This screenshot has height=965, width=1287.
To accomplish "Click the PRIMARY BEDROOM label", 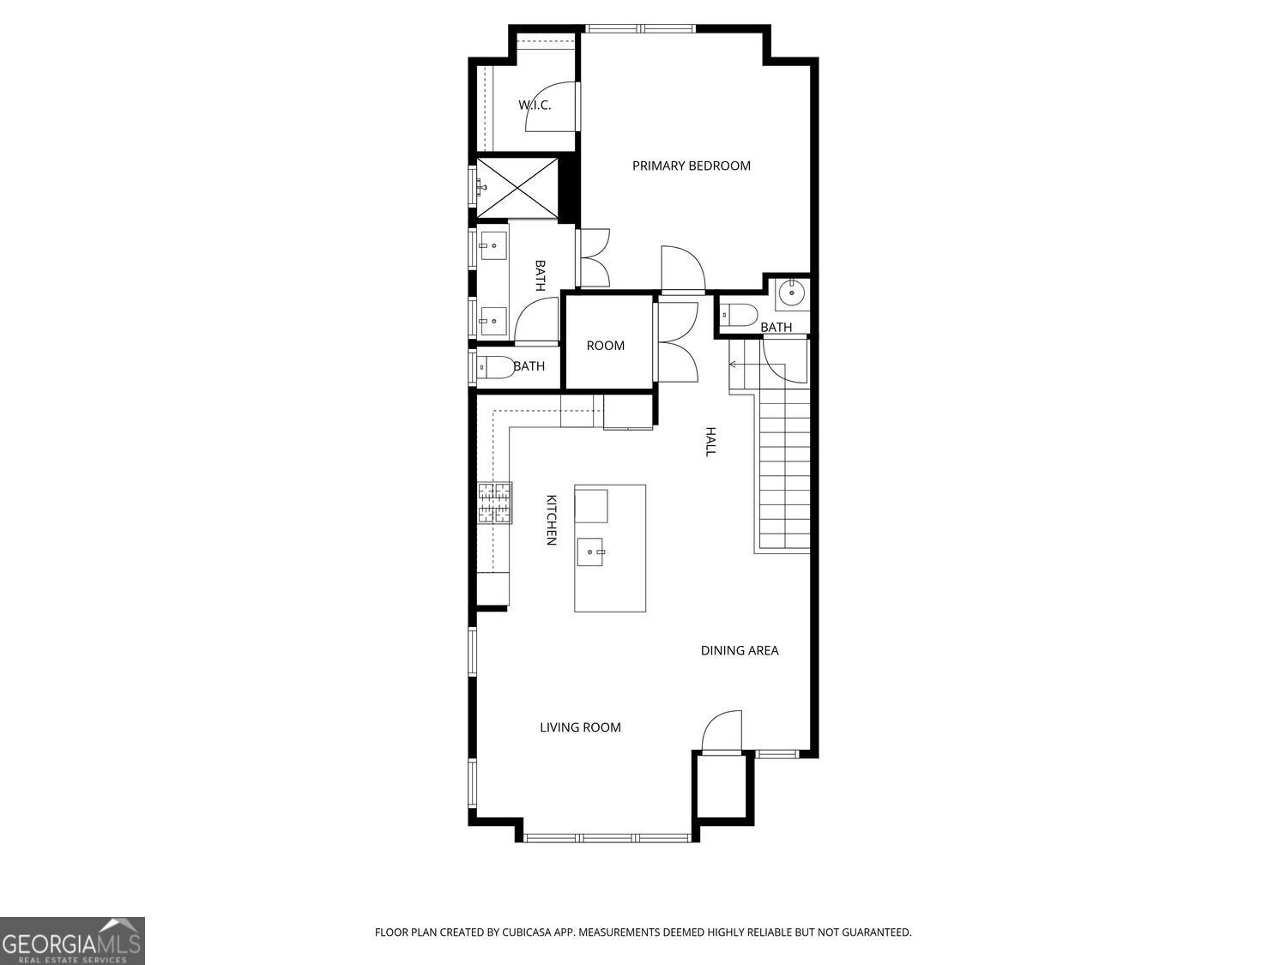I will pos(691,166).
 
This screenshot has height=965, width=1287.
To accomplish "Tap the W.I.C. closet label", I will pos(534,105).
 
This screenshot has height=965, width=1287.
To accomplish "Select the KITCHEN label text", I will pos(552,519).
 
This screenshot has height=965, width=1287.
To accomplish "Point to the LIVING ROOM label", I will pos(580,727).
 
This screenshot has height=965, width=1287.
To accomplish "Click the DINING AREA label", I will pos(740,650).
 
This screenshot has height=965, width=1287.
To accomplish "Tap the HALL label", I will pos(710,441).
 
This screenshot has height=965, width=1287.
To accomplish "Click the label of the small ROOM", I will pos(605,346).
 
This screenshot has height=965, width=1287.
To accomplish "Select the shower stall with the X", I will pos(517,187).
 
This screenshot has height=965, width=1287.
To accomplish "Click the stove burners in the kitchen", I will pos(495,503).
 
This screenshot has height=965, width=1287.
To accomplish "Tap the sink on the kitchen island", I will pos(591,552).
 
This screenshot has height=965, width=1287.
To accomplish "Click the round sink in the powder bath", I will pos(790,294).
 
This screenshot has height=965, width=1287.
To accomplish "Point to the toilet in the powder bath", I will pos(738,315).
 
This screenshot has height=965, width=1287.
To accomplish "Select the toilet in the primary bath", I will pos(495,367).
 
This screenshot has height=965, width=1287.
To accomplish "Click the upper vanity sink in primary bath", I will pos(492,246).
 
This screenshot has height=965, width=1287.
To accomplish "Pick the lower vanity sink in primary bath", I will pos(492,321).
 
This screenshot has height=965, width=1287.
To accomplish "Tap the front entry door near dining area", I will pos(722,732).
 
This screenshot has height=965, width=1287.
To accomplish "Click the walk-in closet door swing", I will pos(549,107).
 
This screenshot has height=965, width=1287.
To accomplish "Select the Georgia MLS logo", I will pos(72,941).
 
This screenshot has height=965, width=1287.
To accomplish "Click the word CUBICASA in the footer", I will pos(527,932).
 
